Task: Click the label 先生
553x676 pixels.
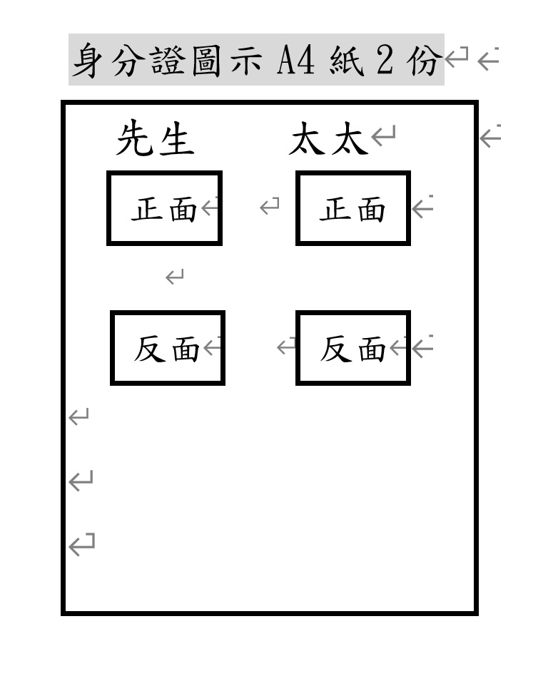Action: (155, 138)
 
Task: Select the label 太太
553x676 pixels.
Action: (328, 140)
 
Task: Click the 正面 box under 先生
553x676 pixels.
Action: (164, 208)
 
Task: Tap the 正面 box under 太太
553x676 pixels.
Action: (352, 208)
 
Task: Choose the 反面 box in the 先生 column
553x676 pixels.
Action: (168, 348)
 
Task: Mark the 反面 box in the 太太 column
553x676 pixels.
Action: (352, 348)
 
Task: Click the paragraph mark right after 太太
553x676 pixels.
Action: (383, 135)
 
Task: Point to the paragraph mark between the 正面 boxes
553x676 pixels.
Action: (270, 207)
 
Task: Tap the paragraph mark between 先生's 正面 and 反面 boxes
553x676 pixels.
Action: (175, 277)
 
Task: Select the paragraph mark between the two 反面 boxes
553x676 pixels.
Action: (286, 347)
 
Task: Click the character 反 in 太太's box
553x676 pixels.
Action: (335, 349)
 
